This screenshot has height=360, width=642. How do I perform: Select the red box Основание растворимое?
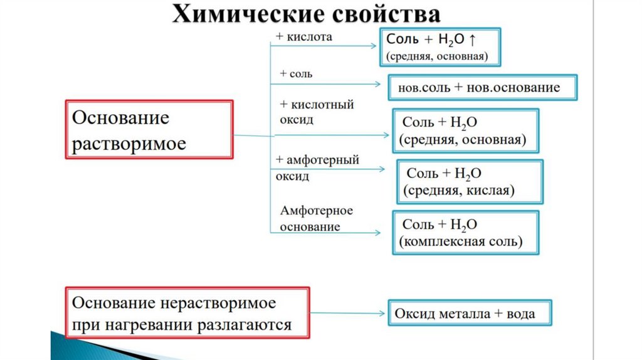pos(149,130)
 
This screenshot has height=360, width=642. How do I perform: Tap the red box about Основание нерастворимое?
pos(188,314)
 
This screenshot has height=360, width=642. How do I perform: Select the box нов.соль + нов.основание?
pos(482,88)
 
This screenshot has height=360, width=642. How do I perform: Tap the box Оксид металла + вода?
pos(469,314)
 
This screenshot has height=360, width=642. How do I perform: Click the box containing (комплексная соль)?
pos(465,232)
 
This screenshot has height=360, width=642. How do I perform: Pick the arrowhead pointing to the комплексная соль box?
pos(377,233)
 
